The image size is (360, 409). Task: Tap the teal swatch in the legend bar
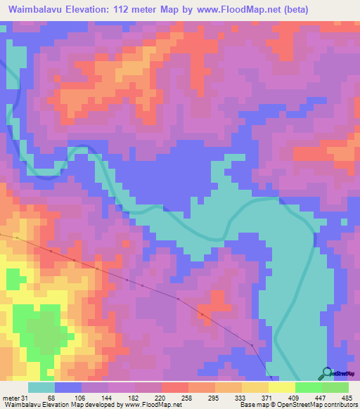click(41, 387)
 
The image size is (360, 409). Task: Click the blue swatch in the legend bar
click(68, 387)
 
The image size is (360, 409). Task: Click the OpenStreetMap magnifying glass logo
click(327, 372)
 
